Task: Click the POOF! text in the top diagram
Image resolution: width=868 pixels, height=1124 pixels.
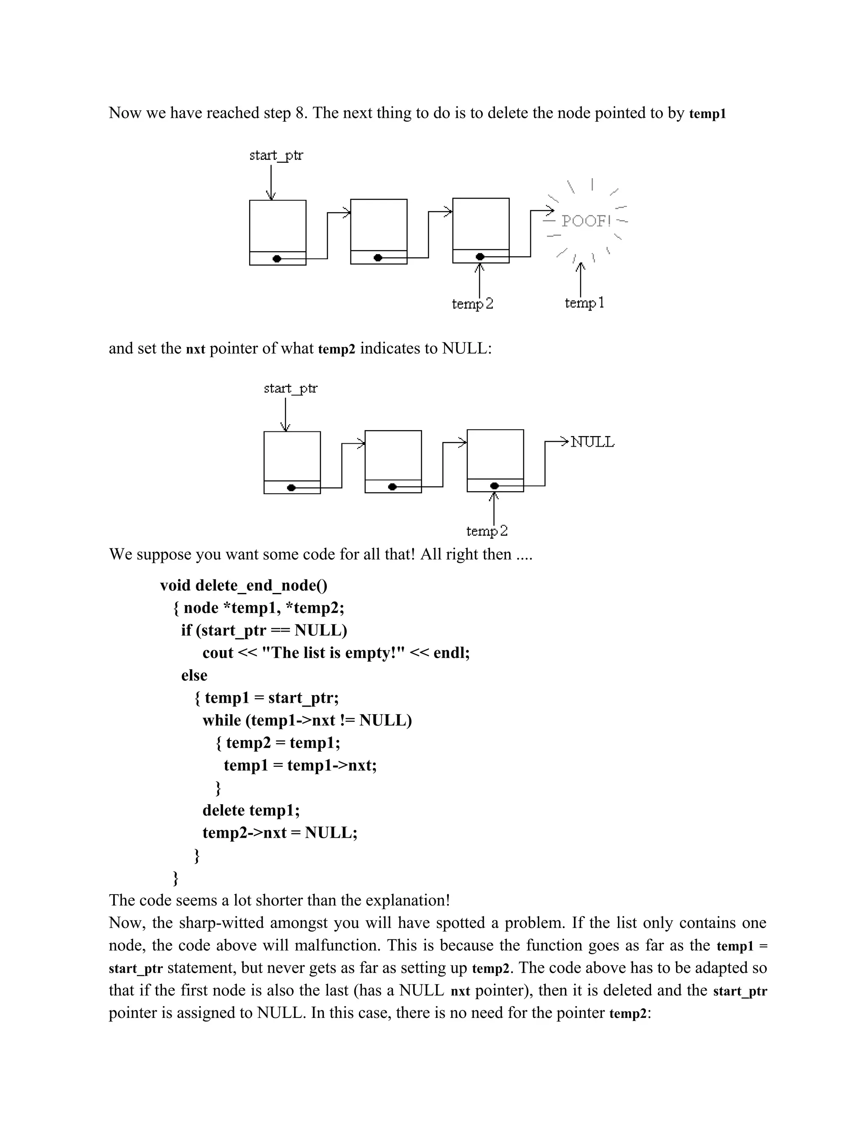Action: click(x=586, y=221)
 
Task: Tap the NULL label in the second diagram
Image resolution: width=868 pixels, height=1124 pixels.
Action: click(x=593, y=442)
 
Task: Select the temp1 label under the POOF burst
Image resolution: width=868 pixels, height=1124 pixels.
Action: click(x=584, y=303)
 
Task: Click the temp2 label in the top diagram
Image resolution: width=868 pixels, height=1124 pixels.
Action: click(x=472, y=304)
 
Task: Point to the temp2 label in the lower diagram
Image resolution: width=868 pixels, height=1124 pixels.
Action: click(x=487, y=531)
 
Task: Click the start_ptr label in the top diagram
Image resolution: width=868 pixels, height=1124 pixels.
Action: click(x=276, y=155)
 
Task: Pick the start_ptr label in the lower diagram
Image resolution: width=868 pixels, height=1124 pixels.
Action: click(x=290, y=388)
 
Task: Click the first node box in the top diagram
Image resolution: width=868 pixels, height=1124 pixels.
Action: click(x=278, y=225)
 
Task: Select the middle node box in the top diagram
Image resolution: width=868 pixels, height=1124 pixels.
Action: click(x=378, y=224)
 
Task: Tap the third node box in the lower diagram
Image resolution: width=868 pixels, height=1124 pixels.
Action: click(x=495, y=454)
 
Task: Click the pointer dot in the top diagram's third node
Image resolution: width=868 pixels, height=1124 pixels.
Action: click(x=480, y=256)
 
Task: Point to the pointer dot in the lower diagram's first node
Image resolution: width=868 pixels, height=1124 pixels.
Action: click(x=292, y=487)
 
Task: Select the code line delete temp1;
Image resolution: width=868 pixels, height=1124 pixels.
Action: click(x=251, y=810)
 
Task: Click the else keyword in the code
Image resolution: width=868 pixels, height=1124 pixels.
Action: click(x=195, y=675)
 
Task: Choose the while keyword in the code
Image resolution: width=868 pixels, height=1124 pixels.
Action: click(x=222, y=720)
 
